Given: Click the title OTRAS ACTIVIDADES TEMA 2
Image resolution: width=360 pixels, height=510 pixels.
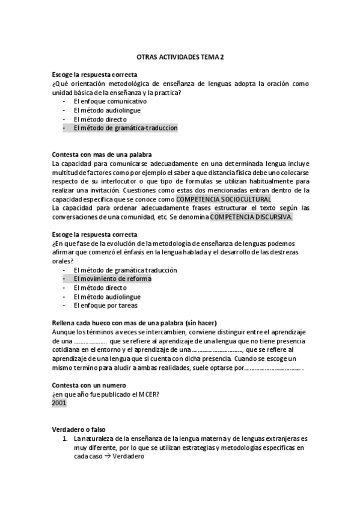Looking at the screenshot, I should [x=180, y=56].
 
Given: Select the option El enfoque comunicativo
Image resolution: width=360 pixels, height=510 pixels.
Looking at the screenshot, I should [x=110, y=102].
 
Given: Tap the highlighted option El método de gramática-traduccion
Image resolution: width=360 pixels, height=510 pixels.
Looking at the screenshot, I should [x=126, y=128].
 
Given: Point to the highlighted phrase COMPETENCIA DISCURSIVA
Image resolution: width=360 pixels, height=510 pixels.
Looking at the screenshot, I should [x=243, y=217].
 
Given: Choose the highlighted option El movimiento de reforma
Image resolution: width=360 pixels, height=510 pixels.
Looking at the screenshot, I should [x=112, y=279].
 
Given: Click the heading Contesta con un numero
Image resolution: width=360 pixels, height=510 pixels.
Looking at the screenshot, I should [x=88, y=385].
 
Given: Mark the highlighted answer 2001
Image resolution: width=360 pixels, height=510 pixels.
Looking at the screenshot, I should [x=59, y=403].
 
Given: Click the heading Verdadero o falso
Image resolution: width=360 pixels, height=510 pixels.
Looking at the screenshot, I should [x=79, y=430].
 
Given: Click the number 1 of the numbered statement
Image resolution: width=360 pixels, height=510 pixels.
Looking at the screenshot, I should [x=66, y=439].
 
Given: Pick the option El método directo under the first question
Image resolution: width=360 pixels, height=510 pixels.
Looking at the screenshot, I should [x=99, y=119].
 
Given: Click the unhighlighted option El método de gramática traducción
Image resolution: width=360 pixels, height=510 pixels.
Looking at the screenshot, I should [x=125, y=271].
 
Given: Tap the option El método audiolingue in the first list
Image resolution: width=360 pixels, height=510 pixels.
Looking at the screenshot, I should [x=107, y=111].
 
